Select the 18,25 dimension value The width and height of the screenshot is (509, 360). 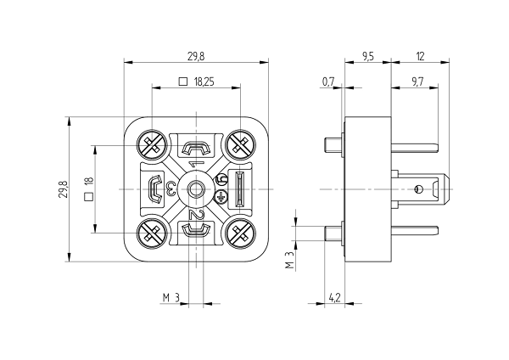click(x=203, y=82)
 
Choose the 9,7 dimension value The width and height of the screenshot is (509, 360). click(x=417, y=82)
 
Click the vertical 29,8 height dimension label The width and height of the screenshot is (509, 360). click(x=60, y=188)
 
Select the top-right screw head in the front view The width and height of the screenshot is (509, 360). click(x=239, y=145)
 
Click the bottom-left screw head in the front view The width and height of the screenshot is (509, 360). click(x=154, y=230)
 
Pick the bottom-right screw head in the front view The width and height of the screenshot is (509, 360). click(x=239, y=230)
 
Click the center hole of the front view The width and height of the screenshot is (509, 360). click(x=197, y=188)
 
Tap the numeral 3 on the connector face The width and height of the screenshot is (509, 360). click(x=171, y=188)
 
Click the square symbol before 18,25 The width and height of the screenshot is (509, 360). click(x=182, y=82)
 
